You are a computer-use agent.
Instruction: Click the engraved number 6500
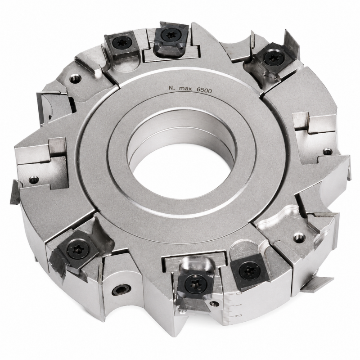(x=204, y=90)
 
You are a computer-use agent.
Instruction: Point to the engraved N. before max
(x=171, y=87)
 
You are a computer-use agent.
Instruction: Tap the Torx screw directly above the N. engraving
(x=168, y=35)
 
